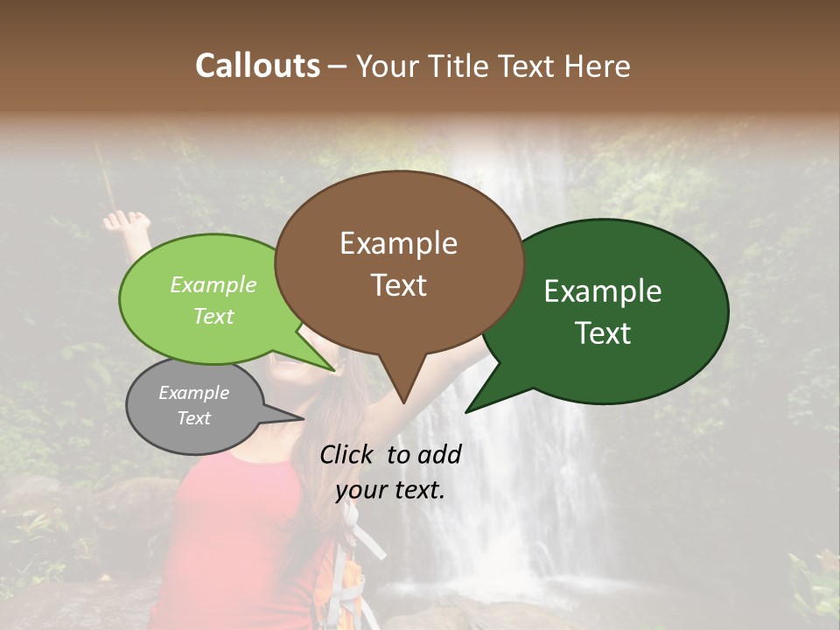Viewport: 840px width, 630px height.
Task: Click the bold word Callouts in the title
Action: tap(257, 66)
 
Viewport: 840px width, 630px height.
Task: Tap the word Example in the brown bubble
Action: tap(398, 243)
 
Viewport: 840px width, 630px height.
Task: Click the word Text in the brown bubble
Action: tap(398, 285)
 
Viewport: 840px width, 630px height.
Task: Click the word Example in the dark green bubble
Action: tap(603, 291)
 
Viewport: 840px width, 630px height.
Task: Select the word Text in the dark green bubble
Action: tap(603, 333)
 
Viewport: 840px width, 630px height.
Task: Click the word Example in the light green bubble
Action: tap(213, 284)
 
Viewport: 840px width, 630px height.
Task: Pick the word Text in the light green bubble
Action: tap(213, 316)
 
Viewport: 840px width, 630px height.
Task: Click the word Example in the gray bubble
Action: tap(193, 393)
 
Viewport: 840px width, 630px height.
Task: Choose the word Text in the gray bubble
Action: tap(193, 418)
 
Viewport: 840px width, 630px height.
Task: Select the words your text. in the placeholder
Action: tap(390, 490)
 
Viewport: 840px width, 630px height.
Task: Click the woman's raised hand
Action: tap(125, 221)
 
